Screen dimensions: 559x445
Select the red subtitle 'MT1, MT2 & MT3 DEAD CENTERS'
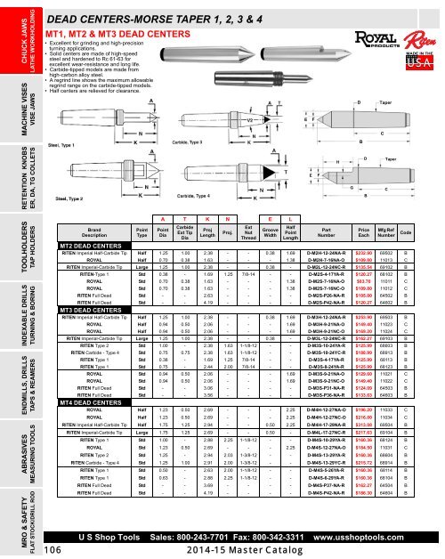(x=119, y=33)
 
